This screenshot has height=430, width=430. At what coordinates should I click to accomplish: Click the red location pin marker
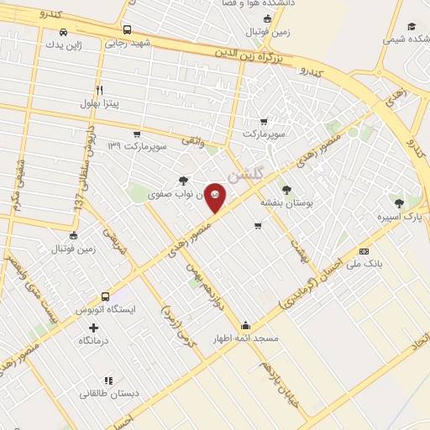pyautogui.click(x=215, y=197)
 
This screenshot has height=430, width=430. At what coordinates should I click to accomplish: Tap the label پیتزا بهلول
pyautogui.click(x=102, y=103)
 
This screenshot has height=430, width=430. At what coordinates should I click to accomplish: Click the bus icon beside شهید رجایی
pyautogui.click(x=127, y=29)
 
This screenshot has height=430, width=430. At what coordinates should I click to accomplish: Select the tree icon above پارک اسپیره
pyautogui.click(x=399, y=202)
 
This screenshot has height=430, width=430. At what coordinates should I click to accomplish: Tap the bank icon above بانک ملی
pyautogui.click(x=364, y=250)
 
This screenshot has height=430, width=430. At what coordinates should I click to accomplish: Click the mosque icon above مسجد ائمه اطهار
pyautogui.click(x=245, y=325)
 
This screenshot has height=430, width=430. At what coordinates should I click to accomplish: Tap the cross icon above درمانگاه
pyautogui.click(x=93, y=327)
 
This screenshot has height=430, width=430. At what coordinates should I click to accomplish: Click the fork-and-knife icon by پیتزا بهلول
pyautogui.click(x=99, y=90)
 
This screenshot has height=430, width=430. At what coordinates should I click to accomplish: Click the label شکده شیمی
pyautogui.click(x=406, y=39)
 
